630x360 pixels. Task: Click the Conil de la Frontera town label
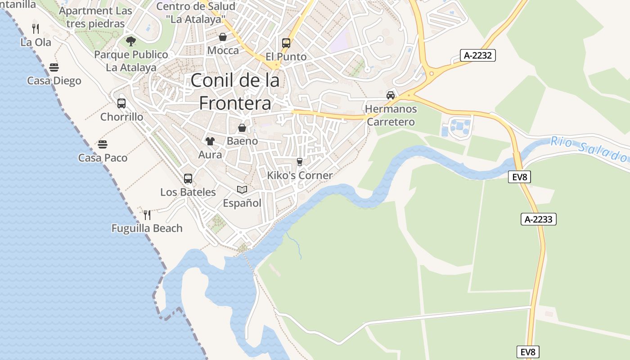coord(235,92)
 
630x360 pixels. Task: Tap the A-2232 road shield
coord(477,55)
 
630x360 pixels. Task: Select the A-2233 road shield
coord(539,219)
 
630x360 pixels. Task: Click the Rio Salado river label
coord(589,149)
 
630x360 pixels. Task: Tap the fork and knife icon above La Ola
coord(36,29)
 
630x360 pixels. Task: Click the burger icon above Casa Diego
coord(54,67)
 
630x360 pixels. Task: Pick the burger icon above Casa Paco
coord(103,144)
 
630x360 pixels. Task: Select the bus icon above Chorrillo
coord(121,103)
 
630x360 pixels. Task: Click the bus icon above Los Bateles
coord(188,178)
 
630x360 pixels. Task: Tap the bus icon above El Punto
coord(286,43)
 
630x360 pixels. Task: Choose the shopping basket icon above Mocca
coord(222,37)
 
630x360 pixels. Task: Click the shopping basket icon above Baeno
coord(242,128)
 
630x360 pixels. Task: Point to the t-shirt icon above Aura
coord(210,141)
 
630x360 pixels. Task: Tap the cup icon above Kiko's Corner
coord(300,162)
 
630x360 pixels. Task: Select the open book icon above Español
coord(242,190)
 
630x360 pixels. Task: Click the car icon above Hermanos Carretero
coord(391,95)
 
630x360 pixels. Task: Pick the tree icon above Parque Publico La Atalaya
coord(131,41)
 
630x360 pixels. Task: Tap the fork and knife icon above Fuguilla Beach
coord(147,215)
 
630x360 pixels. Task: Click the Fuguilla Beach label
coord(147,228)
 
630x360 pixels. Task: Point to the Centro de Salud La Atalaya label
coord(196,13)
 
